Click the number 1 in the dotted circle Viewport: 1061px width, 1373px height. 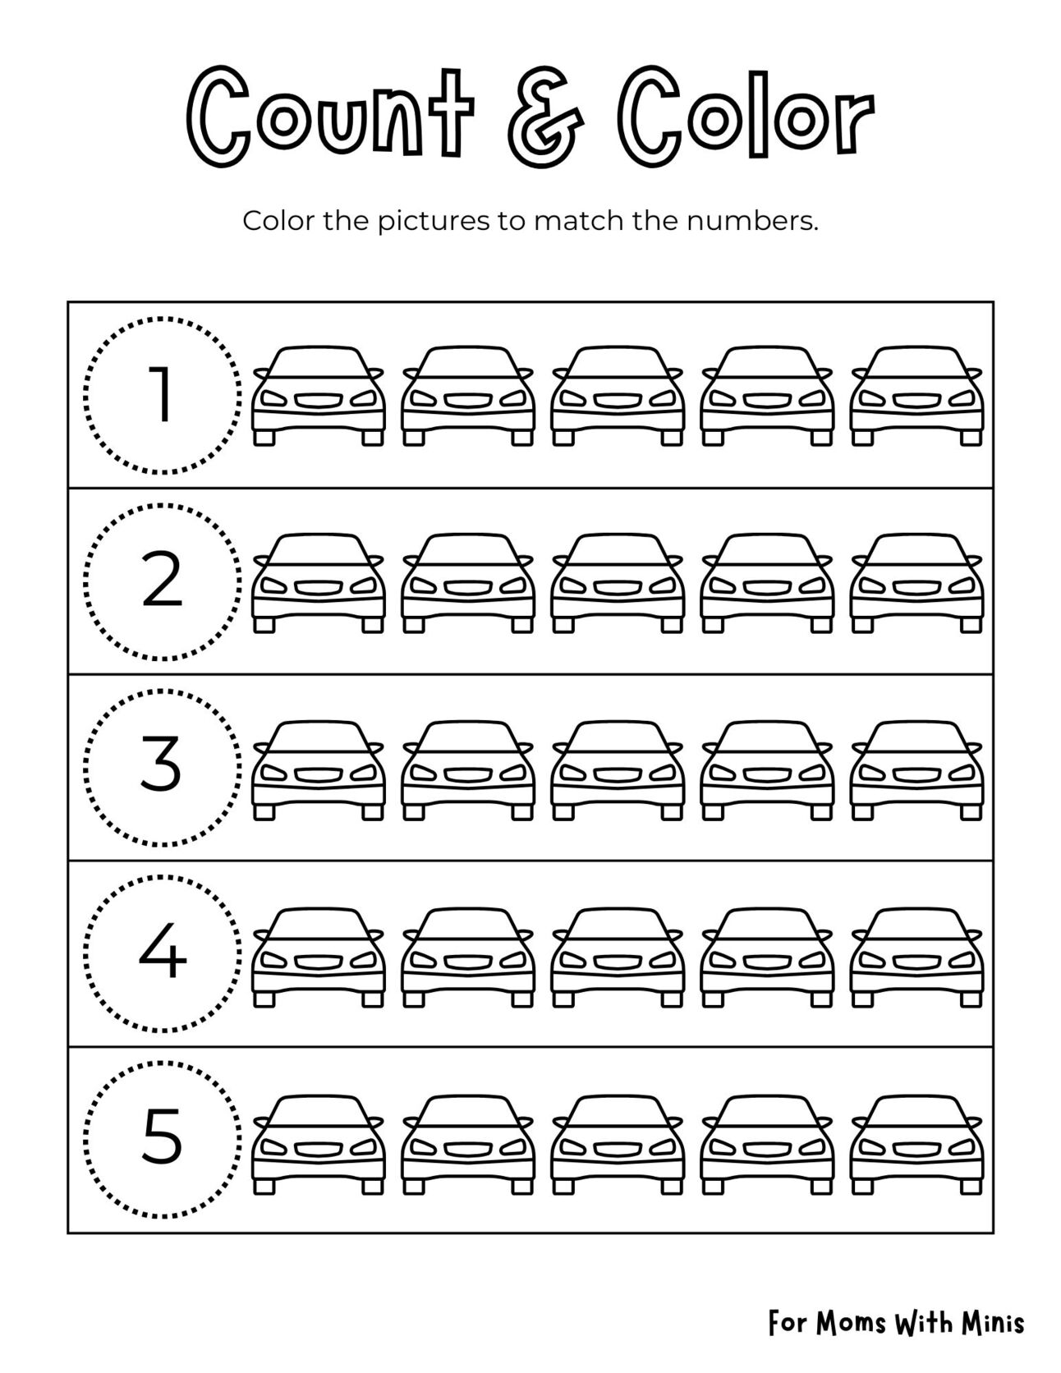tap(162, 395)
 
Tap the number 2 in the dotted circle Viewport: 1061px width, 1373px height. tap(162, 581)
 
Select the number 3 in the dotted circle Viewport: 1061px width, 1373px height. tap(162, 767)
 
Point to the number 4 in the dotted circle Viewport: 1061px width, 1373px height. tap(162, 954)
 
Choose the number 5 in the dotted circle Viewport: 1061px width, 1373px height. tap(162, 1140)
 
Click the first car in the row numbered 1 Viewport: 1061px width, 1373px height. tap(319, 396)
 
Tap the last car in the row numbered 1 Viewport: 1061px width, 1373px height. tap(916, 396)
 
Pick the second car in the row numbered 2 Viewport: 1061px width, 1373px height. tap(468, 583)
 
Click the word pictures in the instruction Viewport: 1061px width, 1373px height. tap(433, 223)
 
